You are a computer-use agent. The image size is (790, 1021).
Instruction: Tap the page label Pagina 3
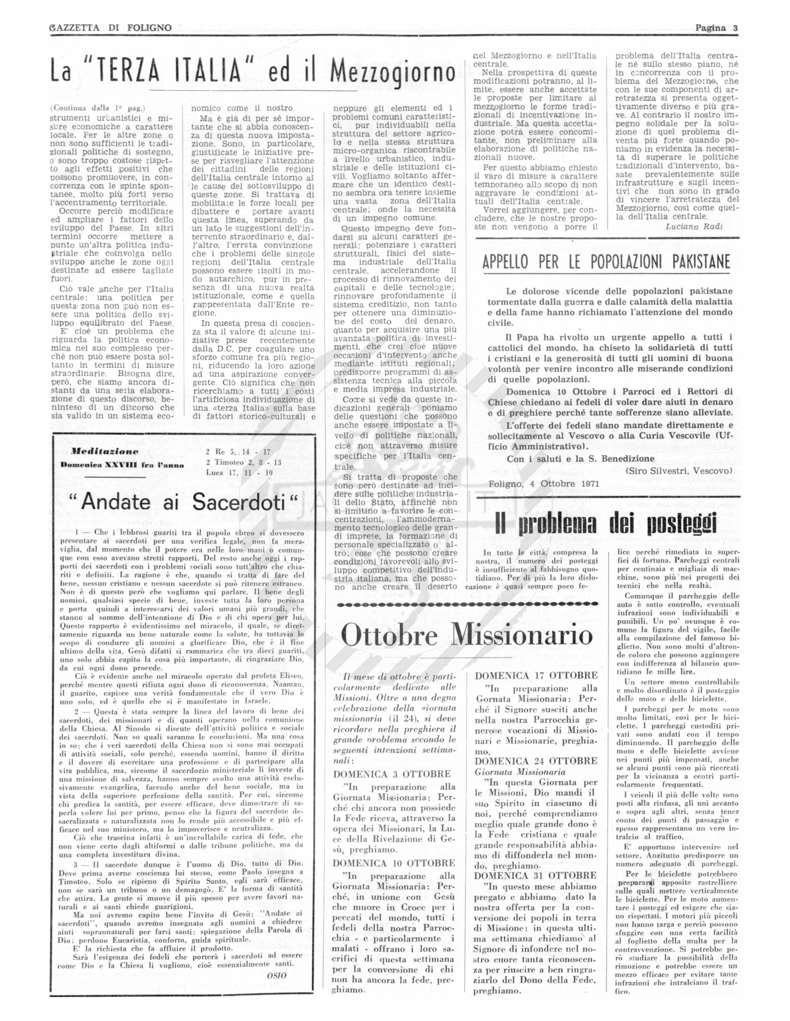pos(716,28)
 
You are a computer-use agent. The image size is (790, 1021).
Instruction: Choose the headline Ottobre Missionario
pos(466,636)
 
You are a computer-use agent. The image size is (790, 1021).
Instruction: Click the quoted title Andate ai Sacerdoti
pos(189,503)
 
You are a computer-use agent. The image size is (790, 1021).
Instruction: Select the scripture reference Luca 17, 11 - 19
pos(239,472)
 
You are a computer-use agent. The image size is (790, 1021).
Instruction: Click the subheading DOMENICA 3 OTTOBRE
pos(392,774)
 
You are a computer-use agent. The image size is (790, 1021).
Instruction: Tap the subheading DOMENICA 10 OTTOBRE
pos(394,863)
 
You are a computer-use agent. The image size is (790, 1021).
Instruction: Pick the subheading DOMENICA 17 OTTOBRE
pos(536,676)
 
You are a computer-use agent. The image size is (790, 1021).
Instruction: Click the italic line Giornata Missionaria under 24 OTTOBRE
pos(520,772)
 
